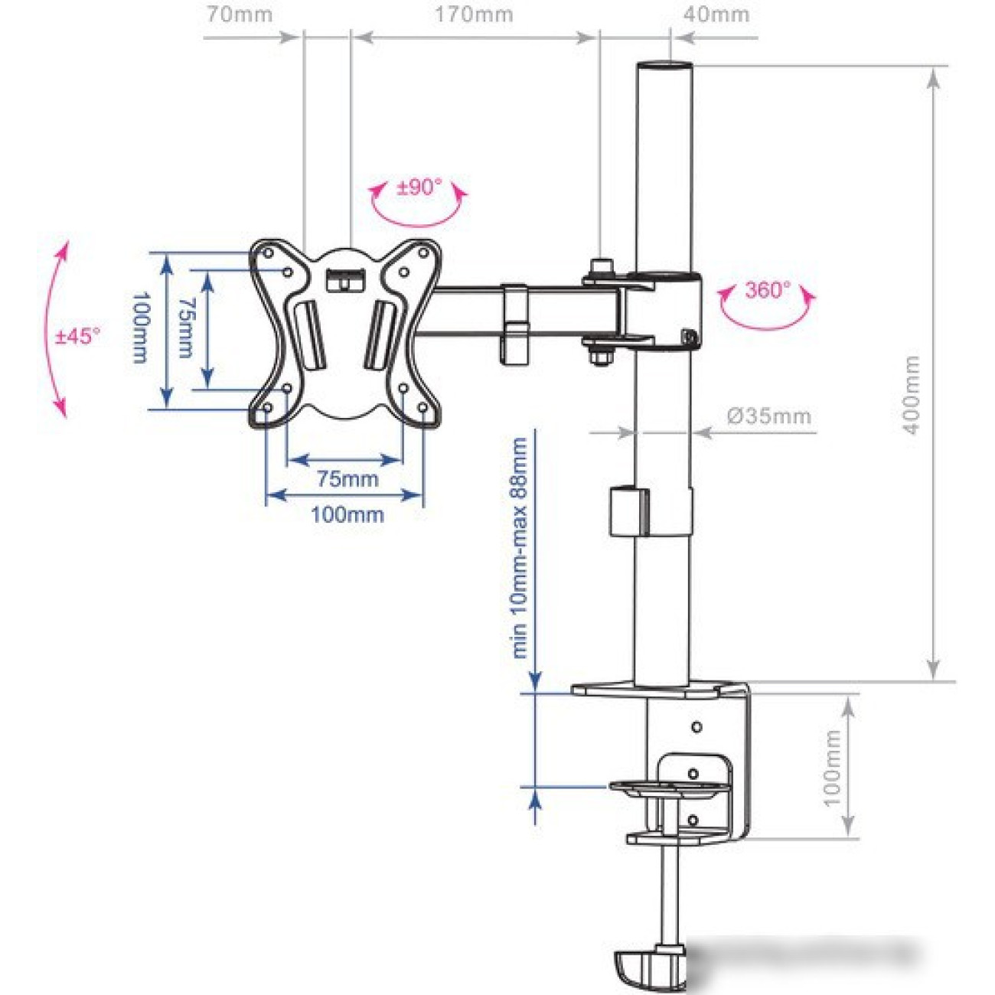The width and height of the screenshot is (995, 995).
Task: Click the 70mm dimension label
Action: (240, 15)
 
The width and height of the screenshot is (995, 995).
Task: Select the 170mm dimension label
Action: (474, 15)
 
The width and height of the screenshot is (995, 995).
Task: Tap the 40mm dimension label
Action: (716, 15)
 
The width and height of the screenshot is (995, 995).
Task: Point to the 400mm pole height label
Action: (912, 395)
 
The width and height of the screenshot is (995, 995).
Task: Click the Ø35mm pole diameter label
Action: (769, 416)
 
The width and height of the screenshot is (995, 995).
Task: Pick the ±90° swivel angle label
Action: (419, 187)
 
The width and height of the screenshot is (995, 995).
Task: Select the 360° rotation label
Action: (767, 290)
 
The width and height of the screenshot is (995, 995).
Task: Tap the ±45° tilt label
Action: (77, 336)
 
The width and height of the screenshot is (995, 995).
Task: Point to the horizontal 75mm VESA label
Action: (347, 480)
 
